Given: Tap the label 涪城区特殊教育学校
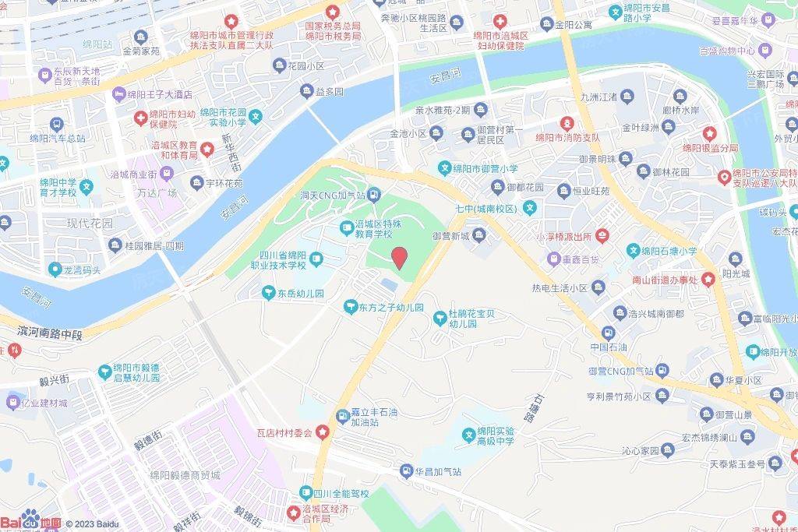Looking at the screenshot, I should [382, 227].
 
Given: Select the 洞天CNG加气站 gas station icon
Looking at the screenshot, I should [374, 194].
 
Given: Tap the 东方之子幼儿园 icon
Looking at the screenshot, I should [351, 308].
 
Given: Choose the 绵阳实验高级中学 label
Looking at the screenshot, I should [496, 436].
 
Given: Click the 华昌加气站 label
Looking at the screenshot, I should [438, 471].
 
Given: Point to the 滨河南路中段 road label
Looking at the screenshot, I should [50, 333].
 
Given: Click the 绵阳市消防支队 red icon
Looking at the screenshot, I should [567, 123].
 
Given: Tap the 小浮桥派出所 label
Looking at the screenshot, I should [563, 235].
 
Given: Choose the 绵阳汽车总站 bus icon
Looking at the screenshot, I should [56, 124].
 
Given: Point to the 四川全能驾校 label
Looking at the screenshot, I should [341, 494].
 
